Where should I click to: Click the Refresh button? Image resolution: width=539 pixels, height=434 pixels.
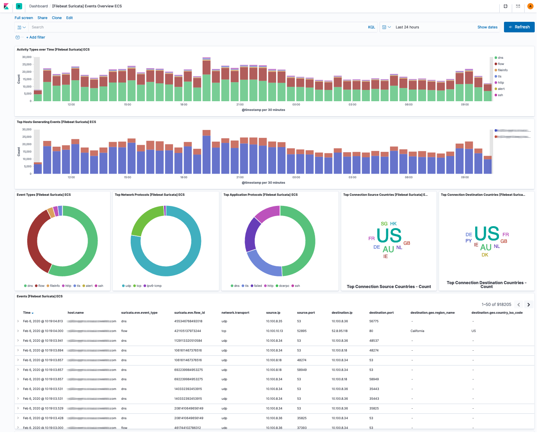point(519,27)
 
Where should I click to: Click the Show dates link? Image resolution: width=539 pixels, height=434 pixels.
point(487,27)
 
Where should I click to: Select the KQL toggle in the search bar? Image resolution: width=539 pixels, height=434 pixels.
point(371,27)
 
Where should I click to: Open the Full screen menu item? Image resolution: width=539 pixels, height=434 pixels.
point(24,18)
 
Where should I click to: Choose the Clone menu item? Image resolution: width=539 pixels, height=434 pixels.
point(57,18)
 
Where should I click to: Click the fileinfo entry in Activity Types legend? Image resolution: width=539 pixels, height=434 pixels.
point(502,70)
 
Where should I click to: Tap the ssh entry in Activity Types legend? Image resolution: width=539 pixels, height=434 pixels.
point(500,95)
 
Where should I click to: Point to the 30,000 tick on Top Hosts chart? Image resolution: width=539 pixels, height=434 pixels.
point(27,130)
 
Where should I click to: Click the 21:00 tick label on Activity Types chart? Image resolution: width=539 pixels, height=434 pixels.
point(240,105)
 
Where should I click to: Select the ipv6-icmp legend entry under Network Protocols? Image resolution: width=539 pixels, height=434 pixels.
point(154,286)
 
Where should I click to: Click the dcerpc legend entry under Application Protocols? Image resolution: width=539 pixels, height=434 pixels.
point(284,286)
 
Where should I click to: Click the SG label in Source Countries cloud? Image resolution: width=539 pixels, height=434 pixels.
point(384,224)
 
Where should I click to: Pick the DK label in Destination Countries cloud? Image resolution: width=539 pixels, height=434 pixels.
point(485,255)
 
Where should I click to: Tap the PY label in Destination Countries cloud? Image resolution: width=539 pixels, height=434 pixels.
point(468,241)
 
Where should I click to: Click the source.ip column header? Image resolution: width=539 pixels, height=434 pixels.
point(273,313)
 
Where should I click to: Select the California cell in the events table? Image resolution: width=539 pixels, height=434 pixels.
point(417,331)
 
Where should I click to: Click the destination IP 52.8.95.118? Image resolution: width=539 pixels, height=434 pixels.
point(339,331)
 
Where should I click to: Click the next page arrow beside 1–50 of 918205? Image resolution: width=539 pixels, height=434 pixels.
point(528,305)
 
